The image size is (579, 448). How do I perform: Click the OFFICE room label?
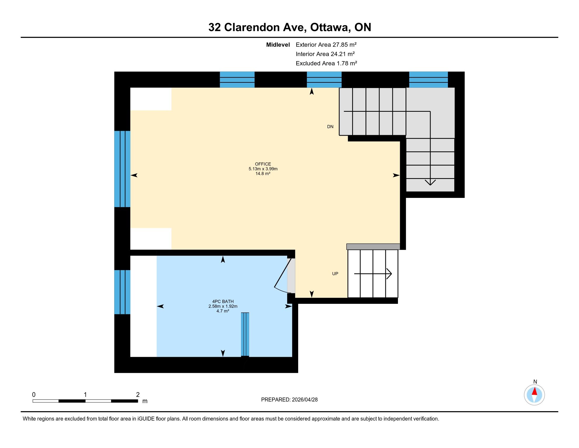(263, 164)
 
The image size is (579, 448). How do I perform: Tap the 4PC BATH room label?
(223, 301)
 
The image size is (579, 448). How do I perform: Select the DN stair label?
(330, 126)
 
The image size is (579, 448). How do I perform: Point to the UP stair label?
(335, 274)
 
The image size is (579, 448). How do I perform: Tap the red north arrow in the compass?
(535, 391)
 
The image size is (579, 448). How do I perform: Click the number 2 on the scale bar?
(138, 395)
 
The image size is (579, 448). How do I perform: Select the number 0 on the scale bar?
(34, 395)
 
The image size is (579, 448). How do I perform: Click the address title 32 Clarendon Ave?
(257, 27)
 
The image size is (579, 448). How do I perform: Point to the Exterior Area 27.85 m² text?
(326, 45)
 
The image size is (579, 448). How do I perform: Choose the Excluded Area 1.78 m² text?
(326, 63)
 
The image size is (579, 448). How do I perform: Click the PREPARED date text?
(289, 400)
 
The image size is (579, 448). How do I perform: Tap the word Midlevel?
(278, 45)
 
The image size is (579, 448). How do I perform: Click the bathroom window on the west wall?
(122, 292)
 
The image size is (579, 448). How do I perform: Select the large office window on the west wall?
(122, 169)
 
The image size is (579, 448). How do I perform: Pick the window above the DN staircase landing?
(428, 80)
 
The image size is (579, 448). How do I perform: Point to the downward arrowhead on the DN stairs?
(430, 182)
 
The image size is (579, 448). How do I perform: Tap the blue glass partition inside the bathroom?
(245, 334)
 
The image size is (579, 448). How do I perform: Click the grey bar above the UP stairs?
(373, 247)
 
